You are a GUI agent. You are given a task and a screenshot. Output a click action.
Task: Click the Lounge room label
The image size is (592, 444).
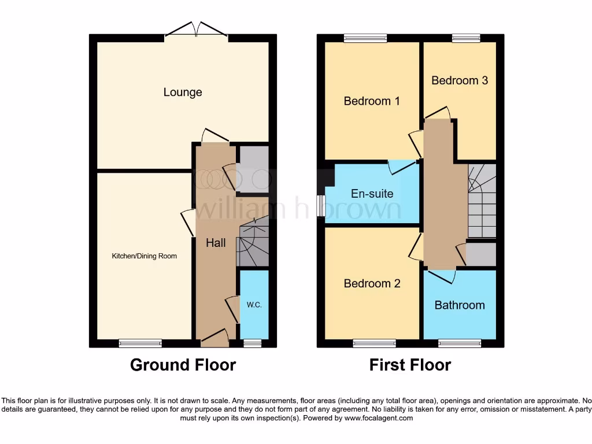[183, 92]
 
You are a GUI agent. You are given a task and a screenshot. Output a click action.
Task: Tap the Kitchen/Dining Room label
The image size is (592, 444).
[145, 256]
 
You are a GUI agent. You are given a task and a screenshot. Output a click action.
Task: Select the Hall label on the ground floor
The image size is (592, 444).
[216, 243]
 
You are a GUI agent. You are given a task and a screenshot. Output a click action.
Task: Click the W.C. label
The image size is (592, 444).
[254, 305]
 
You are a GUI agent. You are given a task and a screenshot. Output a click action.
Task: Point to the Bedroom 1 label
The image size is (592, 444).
[371, 101]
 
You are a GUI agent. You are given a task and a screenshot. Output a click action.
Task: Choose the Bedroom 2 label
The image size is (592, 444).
[371, 283]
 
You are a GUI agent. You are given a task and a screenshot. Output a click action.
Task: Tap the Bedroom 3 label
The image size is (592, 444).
[460, 80]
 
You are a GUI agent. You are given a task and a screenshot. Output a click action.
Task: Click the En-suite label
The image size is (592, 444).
[372, 194]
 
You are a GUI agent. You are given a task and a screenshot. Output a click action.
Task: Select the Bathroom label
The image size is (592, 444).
[460, 305]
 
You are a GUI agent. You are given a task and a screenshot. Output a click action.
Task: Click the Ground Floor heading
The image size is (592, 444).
[183, 365]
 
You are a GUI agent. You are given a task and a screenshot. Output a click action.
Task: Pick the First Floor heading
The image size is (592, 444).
[410, 365]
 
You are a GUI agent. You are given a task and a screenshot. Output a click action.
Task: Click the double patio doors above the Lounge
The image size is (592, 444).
[197, 30]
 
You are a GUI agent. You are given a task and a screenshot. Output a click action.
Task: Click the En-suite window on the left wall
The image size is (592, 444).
[321, 206]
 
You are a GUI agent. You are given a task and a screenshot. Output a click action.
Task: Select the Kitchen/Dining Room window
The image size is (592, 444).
[140, 343]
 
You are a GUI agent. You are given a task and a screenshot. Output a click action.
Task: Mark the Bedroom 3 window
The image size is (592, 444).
[465, 38]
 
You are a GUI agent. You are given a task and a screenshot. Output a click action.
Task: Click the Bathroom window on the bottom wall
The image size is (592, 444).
[459, 343]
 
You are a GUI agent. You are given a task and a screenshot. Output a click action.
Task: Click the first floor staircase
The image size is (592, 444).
[482, 201]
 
